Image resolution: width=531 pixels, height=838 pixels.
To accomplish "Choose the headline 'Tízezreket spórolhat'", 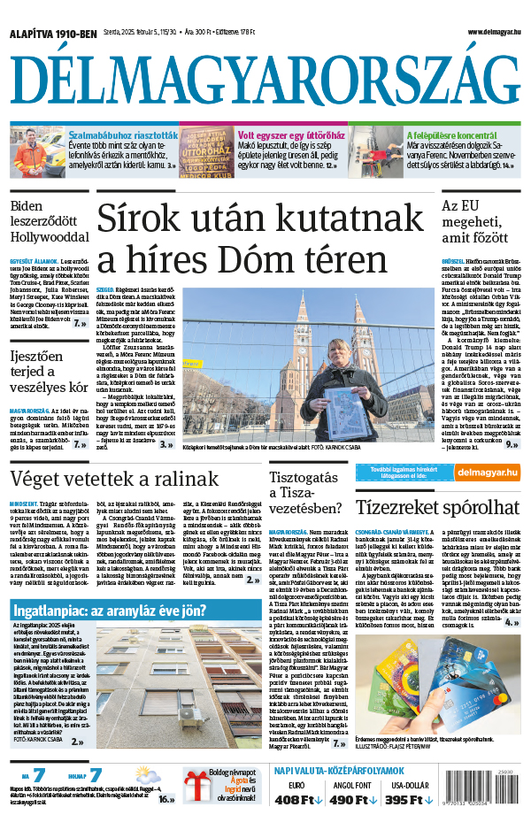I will coord(437,507).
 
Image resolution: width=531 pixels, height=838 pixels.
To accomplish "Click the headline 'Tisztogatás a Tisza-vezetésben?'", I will coord(305,493).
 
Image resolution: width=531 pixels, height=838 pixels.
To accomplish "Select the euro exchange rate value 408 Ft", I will coord(297,799).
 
